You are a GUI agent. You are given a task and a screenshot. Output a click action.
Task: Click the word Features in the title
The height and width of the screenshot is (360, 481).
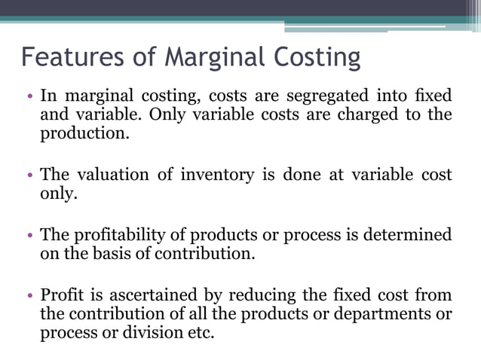pos(63,58)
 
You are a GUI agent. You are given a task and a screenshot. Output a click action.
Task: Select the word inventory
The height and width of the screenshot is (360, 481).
pos(215,175)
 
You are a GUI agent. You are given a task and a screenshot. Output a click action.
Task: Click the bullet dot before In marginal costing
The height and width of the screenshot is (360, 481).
pos(29,96)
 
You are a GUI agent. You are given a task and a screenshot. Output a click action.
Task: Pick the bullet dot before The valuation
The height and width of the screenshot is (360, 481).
pos(29,175)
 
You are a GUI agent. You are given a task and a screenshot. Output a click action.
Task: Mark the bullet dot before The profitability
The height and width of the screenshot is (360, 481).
pos(29,235)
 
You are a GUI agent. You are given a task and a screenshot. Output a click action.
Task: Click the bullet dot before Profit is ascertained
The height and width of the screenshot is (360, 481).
pos(29,294)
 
